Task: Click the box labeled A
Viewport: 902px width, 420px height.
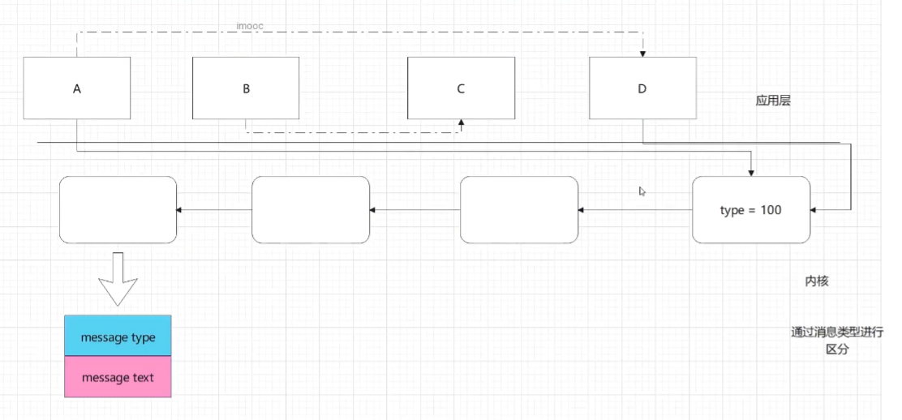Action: [x=77, y=88]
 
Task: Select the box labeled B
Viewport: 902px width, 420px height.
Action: [x=245, y=88]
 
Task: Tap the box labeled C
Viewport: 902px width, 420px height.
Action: [x=460, y=88]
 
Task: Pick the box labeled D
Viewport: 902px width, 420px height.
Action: [x=642, y=88]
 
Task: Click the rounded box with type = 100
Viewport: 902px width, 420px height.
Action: [x=751, y=210]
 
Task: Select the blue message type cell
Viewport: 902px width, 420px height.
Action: [x=118, y=336]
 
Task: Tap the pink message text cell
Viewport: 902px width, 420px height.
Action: [x=118, y=377]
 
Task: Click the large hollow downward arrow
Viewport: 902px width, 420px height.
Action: [x=118, y=278]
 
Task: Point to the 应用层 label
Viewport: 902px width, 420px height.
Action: [x=773, y=101]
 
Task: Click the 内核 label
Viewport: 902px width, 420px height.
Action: [x=817, y=281]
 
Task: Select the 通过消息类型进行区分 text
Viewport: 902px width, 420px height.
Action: [x=837, y=341]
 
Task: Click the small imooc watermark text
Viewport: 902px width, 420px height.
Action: [x=250, y=27]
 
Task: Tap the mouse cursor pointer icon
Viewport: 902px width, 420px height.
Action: [x=642, y=191]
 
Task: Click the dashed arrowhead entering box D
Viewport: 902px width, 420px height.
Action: [x=642, y=54]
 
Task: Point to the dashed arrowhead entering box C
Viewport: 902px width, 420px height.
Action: [x=461, y=122]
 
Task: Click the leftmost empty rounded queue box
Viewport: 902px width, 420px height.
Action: [x=118, y=210]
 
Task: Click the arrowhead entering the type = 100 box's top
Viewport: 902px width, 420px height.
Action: [x=752, y=172]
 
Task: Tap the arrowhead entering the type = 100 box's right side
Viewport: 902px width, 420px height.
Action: [x=814, y=210]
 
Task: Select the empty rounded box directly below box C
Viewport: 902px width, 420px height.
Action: [x=519, y=210]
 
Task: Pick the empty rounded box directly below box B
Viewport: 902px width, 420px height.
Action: [x=311, y=210]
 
